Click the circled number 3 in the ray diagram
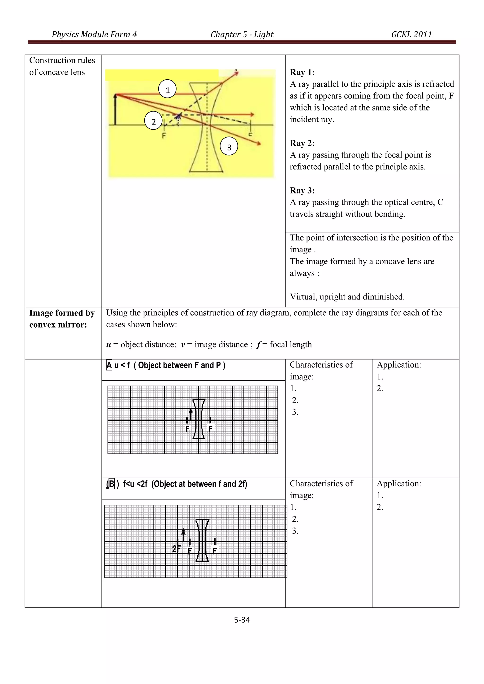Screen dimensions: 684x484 [229, 147]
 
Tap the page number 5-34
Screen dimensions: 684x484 [242, 620]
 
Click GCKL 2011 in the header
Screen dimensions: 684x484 [411, 34]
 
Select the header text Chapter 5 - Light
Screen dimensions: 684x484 [242, 34]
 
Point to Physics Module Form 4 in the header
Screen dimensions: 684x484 [94, 34]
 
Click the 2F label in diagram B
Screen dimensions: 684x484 [176, 549]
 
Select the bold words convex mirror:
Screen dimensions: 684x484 [58, 325]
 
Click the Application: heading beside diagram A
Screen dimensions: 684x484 [399, 365]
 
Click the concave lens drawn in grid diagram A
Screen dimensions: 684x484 [199, 419]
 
